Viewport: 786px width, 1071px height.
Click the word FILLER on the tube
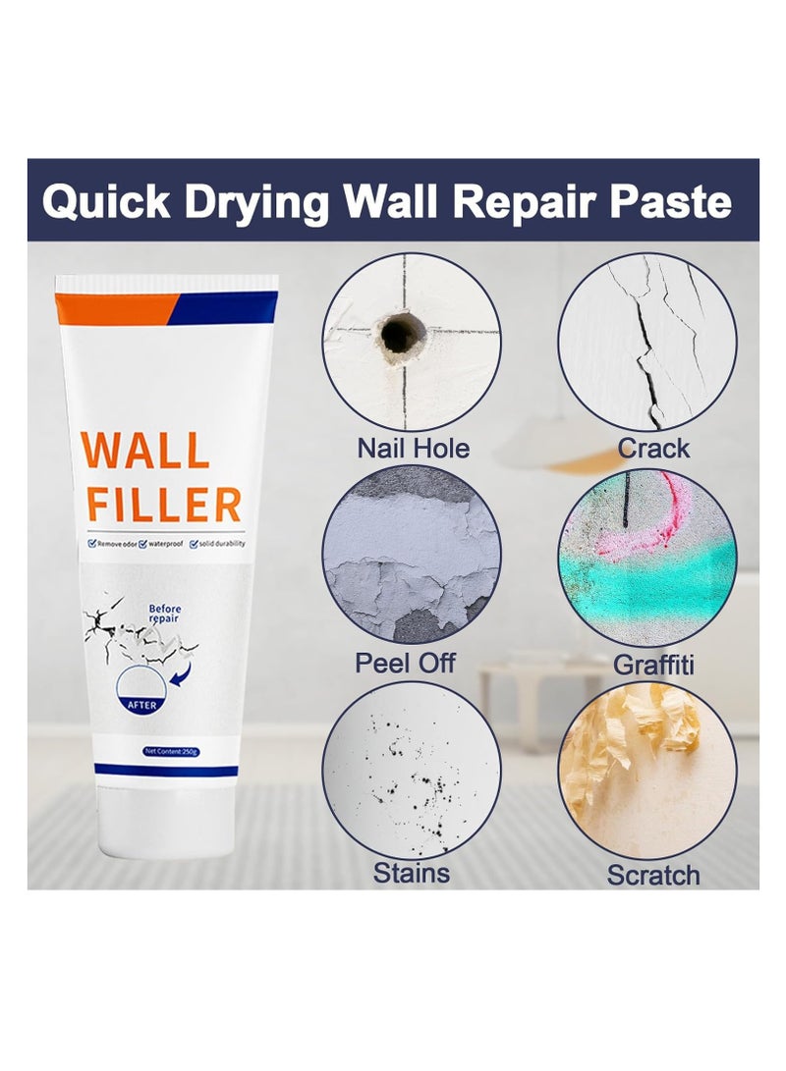(163, 506)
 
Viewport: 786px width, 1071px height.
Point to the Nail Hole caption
(413, 449)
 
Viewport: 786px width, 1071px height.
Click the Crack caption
(653, 449)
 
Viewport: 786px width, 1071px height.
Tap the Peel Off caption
(405, 662)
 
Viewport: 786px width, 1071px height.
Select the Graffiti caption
(653, 664)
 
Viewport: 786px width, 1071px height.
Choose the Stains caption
(412, 873)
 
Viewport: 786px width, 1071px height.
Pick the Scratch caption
(653, 875)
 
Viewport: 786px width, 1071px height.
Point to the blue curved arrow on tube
(182, 670)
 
